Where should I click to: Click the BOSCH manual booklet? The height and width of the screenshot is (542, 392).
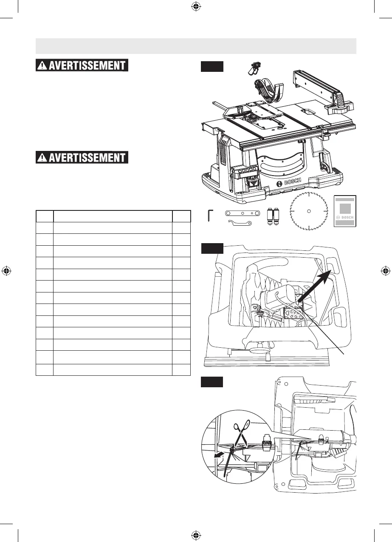[344, 213]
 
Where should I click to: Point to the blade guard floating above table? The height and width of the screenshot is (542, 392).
[265, 89]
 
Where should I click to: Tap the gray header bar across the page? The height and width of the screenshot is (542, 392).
[195, 46]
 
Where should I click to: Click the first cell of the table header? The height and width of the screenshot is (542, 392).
[44, 216]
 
